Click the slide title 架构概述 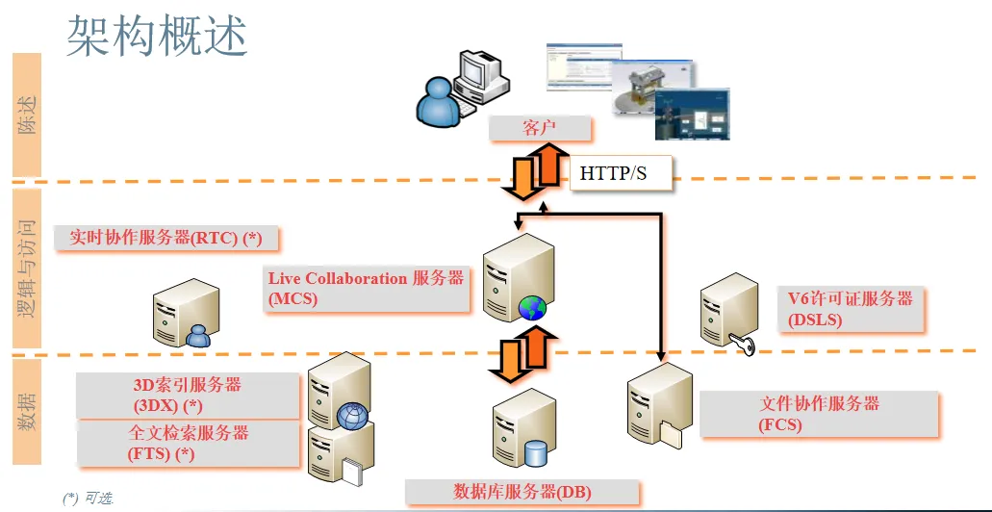pos(156,35)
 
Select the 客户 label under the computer pos(539,128)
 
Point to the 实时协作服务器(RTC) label pos(165,238)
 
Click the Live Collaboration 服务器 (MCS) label pos(366,288)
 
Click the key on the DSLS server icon pos(743,343)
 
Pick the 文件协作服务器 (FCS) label pos(819,413)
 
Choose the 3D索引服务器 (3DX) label pos(187,395)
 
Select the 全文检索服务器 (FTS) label pos(188,443)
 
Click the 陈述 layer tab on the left pos(27,115)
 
